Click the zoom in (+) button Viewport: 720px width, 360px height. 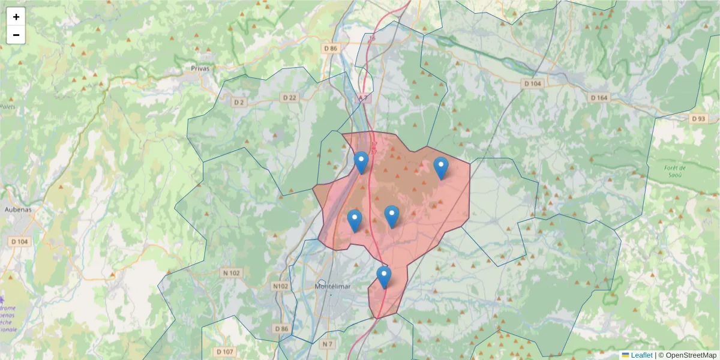(16, 17)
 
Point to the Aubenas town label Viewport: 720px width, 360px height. (17, 210)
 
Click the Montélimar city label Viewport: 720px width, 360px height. (332, 287)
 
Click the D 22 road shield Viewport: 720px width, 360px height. (289, 98)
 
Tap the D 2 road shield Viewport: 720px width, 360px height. (239, 103)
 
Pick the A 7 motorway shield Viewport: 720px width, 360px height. (363, 97)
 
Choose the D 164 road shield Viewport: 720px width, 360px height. (599, 98)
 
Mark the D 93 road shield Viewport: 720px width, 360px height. (698, 119)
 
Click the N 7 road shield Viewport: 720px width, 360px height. (326, 344)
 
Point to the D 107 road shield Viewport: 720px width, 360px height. (226, 351)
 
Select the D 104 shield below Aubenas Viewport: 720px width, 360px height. (20, 241)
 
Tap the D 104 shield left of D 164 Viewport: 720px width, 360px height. (532, 83)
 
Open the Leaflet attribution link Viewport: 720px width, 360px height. (641, 355)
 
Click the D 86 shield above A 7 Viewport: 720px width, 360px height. (331, 48)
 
